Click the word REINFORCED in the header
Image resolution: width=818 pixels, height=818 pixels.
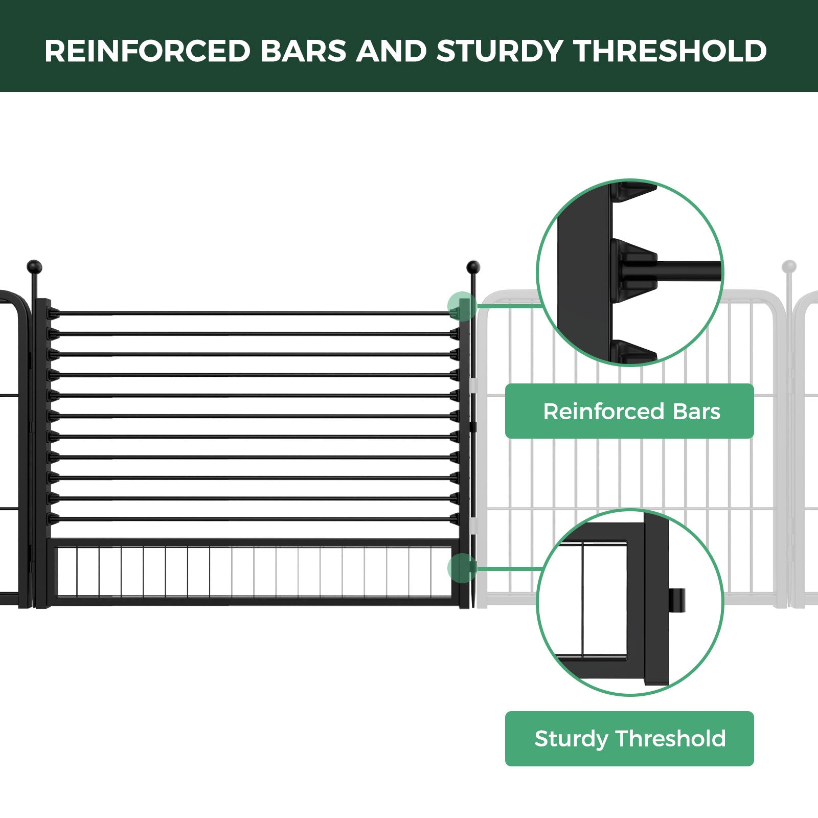click(x=148, y=51)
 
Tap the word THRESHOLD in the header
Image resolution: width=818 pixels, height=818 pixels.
click(x=670, y=51)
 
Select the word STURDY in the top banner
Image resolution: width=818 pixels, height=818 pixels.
click(x=499, y=51)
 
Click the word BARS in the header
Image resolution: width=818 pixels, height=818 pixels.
click(x=304, y=51)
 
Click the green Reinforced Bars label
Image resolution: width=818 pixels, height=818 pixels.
click(x=629, y=411)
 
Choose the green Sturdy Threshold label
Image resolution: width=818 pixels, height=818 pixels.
click(x=629, y=738)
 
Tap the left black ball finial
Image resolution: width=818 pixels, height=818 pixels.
click(x=34, y=266)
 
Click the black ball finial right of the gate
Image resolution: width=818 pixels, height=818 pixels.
click(x=473, y=267)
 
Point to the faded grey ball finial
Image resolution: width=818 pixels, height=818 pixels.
click(x=789, y=266)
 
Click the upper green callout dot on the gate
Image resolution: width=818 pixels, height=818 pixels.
click(x=462, y=306)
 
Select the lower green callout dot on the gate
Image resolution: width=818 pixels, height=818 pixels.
click(x=462, y=568)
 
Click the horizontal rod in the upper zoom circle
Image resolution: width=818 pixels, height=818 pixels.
click(x=690, y=271)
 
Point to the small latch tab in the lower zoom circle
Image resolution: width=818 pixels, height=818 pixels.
click(x=677, y=602)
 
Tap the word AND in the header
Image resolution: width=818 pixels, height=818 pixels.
click(x=392, y=51)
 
